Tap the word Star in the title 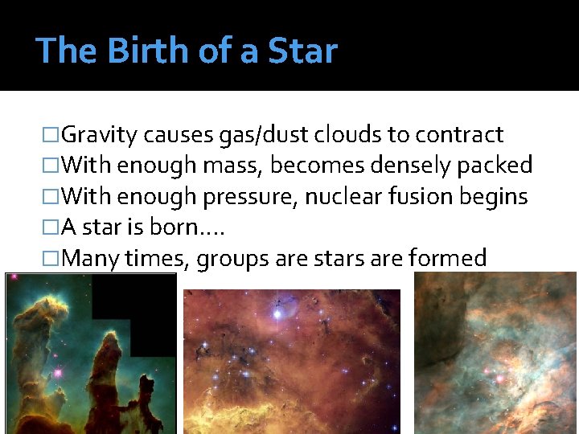(303, 51)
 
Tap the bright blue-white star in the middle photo (278, 313)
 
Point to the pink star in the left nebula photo (57, 373)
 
